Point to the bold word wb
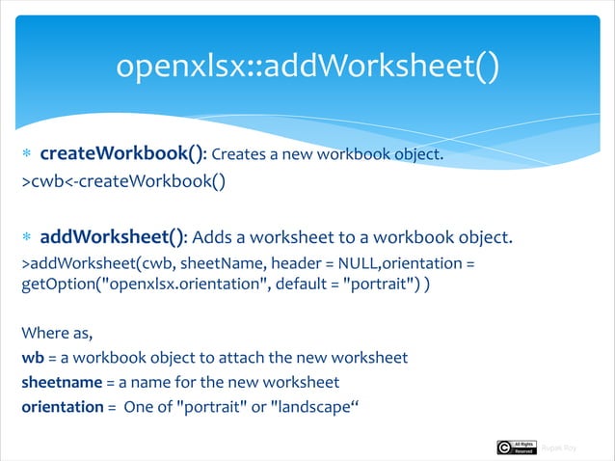(32, 358)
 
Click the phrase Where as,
(56, 334)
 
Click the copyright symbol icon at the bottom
(505, 447)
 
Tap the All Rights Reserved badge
(523, 447)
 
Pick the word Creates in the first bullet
(240, 155)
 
